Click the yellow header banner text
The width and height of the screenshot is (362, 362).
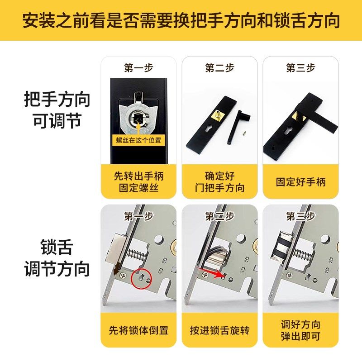pos(181,21)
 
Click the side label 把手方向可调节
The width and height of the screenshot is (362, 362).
pos(57,110)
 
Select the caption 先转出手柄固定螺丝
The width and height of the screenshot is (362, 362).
pos(138,182)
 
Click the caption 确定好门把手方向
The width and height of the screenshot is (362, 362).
pos(220,182)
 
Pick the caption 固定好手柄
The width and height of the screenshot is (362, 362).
pos(300,182)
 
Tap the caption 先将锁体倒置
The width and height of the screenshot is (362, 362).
pos(138,330)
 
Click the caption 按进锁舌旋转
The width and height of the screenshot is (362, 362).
pos(220,330)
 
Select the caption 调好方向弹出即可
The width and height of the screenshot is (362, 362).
pos(300,330)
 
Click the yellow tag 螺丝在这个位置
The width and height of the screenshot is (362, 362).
pos(138,140)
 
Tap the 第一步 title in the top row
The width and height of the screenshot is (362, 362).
pos(138,68)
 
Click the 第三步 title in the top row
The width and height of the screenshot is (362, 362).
pos(300,68)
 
